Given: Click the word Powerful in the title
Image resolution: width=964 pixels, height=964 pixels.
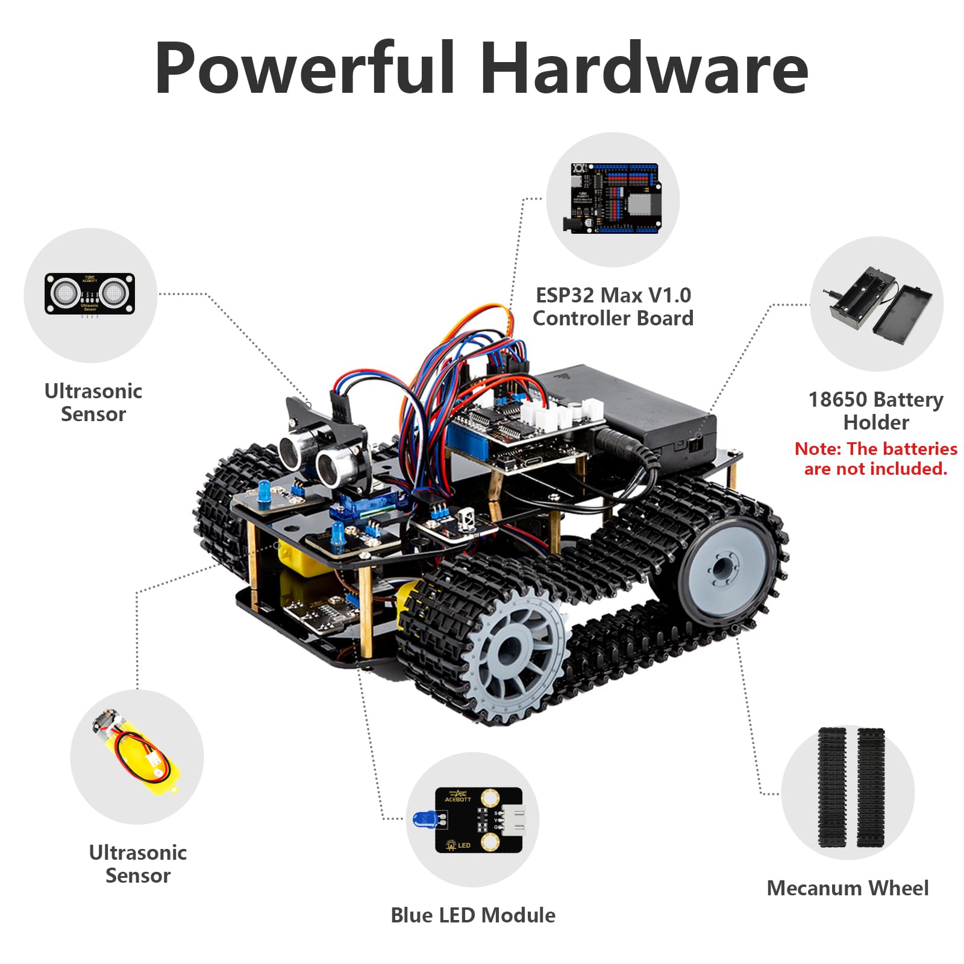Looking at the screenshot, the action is [305, 67].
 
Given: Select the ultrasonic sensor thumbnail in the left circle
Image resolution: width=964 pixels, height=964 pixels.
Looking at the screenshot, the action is [90, 295].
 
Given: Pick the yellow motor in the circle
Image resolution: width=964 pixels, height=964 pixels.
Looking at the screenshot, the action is [136, 753].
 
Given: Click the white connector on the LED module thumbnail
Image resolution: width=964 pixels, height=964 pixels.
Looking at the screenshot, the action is [514, 819].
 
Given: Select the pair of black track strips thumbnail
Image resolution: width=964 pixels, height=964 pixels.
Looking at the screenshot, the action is [851, 787].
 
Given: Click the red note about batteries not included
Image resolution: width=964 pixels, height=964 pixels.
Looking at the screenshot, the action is [875, 459].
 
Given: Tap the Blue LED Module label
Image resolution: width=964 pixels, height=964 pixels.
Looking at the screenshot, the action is [473, 915].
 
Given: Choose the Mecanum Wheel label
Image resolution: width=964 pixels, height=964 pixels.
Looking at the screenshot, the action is [848, 888].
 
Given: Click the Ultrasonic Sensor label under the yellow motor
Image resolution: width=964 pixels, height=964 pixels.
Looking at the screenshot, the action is [138, 864].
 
